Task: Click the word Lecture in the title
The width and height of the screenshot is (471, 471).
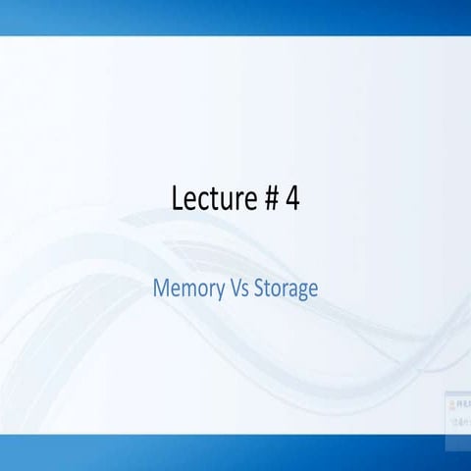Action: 211,198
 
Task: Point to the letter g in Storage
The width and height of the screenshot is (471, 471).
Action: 302,292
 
